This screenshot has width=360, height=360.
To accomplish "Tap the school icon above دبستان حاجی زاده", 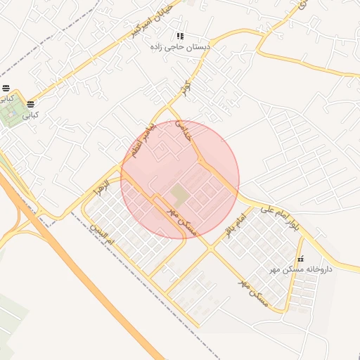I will tap(181, 36).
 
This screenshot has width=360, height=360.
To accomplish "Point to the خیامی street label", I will tap(184, 131).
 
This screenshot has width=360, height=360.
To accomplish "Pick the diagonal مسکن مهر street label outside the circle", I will tap(253, 292).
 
